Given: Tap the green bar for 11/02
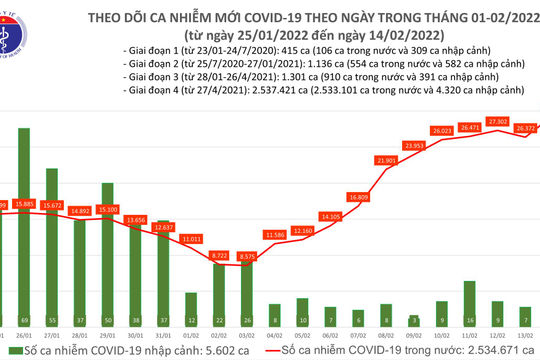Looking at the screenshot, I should [x=470, y=298].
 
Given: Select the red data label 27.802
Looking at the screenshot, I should [x=497, y=121].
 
